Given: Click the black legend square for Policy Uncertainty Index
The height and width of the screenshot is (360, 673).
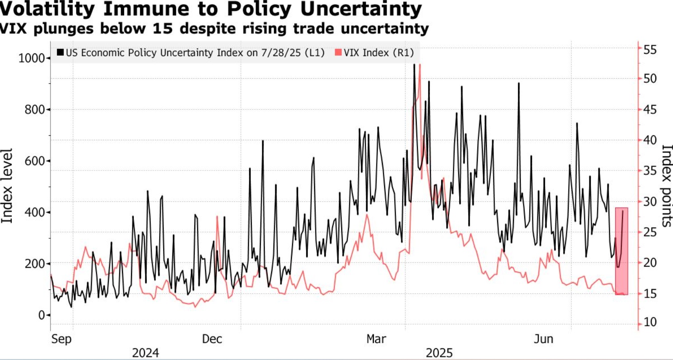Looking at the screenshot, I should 60,52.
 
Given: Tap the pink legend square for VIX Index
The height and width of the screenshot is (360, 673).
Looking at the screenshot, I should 338,52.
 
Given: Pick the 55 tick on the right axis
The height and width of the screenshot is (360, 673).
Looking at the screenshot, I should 650,49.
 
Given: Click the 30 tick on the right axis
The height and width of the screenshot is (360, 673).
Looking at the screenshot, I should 650,201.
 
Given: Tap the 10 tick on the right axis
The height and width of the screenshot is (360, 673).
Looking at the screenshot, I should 650,323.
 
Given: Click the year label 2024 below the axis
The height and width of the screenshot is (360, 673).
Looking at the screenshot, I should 145,353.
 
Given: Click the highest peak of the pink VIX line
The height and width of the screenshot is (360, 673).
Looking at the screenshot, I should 420,65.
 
